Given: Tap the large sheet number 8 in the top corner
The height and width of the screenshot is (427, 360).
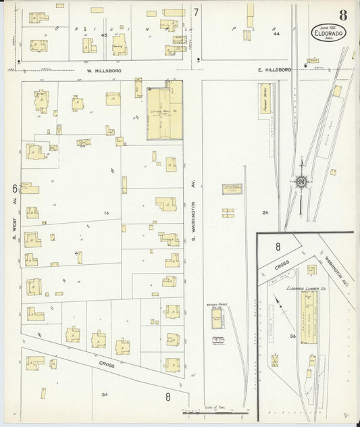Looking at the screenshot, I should pos(344,15).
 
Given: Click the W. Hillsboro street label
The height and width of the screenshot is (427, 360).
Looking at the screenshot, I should pos(103,70).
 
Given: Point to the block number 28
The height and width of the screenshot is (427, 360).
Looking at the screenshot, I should pos(265,213).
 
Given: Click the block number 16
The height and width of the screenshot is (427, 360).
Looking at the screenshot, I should pos(105,213).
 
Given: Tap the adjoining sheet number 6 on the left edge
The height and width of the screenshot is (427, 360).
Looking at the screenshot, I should pos(14,188).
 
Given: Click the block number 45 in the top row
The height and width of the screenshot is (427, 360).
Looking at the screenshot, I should pos(104,34).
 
